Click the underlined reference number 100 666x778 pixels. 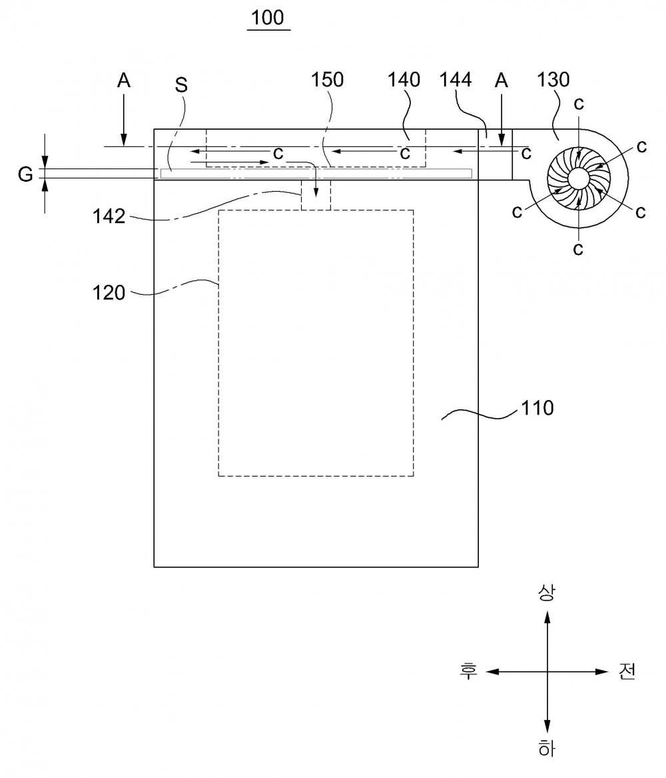tap(268, 18)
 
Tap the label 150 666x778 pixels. tap(327, 80)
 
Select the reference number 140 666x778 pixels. tap(404, 80)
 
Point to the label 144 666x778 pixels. tap(456, 80)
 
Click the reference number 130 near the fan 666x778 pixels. tap(553, 80)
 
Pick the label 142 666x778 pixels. tap(109, 217)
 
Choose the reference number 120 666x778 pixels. tap(109, 293)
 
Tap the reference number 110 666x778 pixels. tap(537, 409)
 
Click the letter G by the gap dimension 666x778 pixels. tap(25, 174)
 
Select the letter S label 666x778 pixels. tap(181, 85)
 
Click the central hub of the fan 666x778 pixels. tap(578, 178)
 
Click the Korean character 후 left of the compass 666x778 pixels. tap(468, 672)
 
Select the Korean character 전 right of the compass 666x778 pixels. tap(627, 672)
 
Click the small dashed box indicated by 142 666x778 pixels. tap(316, 195)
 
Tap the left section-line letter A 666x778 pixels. tap(124, 81)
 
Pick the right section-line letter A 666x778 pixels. tap(501, 81)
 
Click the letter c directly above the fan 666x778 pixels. tap(579, 104)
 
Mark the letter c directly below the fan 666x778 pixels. tap(577, 249)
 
